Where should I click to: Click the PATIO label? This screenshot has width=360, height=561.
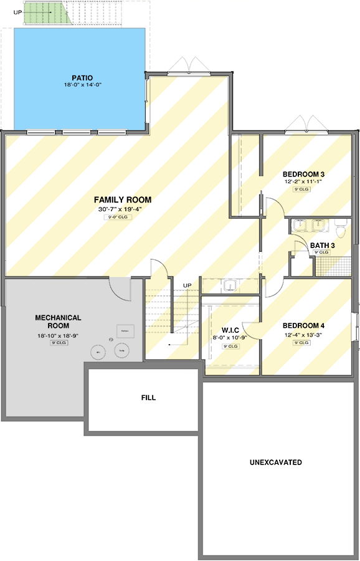click(82, 78)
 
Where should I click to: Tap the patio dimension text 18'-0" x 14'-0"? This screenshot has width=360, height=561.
click(82, 85)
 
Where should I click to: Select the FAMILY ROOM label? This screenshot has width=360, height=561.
click(123, 199)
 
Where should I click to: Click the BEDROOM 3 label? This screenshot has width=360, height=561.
click(303, 174)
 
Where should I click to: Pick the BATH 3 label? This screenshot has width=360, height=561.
click(323, 246)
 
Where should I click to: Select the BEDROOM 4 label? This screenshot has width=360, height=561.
click(303, 325)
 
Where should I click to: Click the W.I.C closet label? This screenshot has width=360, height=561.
click(231, 330)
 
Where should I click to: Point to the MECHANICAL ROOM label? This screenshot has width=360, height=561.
click(57, 322)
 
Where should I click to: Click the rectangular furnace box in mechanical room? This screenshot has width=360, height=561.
click(125, 330)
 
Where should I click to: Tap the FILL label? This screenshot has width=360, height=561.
click(148, 397)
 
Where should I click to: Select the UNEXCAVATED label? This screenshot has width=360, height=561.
click(276, 463)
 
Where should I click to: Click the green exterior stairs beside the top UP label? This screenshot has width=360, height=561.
click(44, 13)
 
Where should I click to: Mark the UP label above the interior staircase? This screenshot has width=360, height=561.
click(187, 285)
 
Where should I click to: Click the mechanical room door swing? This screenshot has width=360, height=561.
click(118, 288)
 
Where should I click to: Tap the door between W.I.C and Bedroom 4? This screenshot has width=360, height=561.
click(251, 330)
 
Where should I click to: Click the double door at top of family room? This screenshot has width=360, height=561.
click(189, 66)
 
